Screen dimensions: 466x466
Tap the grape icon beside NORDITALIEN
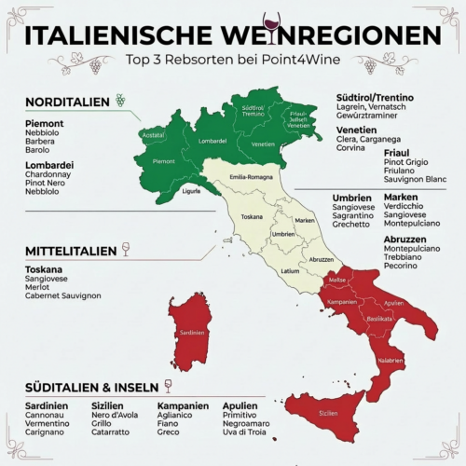[119, 100]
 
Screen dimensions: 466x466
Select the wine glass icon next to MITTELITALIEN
[126, 250]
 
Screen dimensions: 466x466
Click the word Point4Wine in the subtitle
[311, 60]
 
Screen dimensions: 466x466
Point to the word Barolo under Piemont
[37, 149]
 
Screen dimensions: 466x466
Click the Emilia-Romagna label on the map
[251, 177]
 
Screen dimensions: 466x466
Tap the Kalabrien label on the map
[390, 360]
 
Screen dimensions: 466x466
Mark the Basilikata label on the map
[378, 319]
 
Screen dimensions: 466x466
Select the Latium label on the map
[289, 271]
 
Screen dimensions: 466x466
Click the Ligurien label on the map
[191, 191]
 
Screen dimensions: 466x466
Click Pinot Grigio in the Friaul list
[406, 162]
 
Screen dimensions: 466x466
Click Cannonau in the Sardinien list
[48, 415]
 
